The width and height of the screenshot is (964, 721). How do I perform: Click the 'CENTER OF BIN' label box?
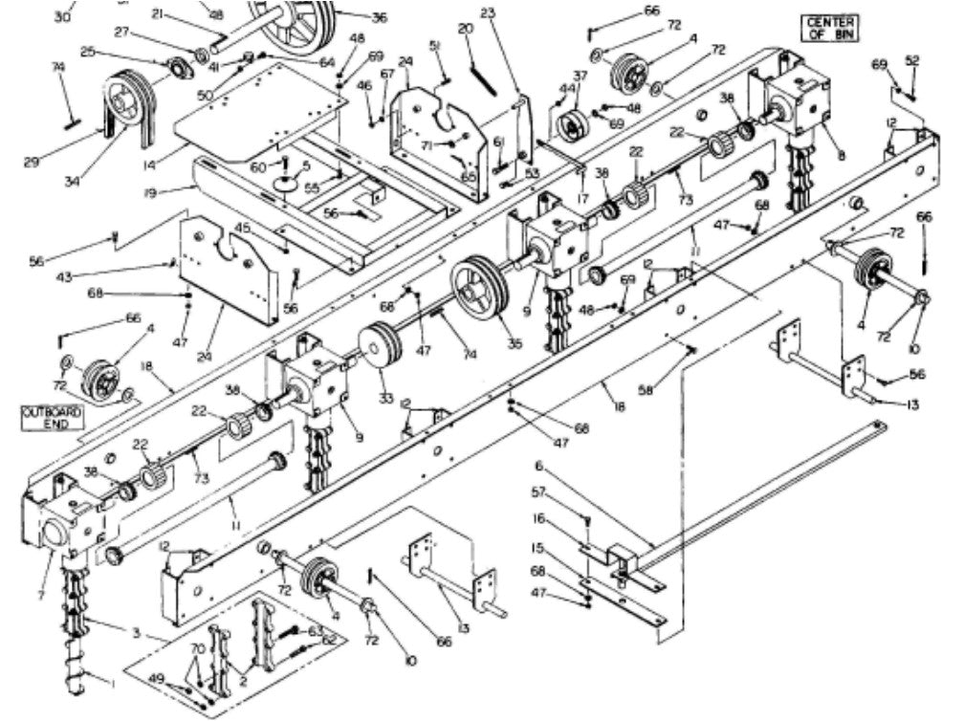[x=830, y=28]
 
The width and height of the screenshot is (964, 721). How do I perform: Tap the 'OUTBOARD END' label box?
[x=53, y=418]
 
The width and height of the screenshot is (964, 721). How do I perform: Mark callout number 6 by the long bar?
[x=538, y=466]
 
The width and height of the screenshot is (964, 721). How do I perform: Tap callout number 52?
[x=912, y=60]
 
